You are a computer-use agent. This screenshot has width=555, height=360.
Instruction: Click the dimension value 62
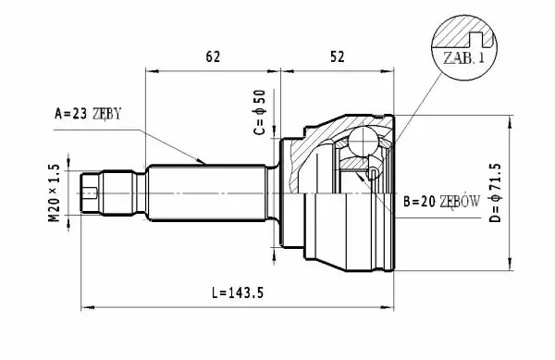coord(213,56)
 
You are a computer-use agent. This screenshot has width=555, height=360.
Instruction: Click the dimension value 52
coord(337,56)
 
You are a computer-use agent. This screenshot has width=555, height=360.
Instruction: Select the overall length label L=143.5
coord(238,292)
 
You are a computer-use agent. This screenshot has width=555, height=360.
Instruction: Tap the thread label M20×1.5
coord(54,192)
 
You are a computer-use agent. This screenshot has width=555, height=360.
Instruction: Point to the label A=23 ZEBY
coord(88,114)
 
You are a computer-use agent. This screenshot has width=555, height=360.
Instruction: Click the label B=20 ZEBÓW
coord(442,202)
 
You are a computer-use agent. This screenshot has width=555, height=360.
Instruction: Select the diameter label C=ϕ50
coord(259,113)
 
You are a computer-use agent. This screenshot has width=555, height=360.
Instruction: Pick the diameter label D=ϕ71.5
coord(495,192)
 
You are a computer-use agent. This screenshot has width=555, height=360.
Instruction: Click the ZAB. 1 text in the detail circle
coord(463,57)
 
